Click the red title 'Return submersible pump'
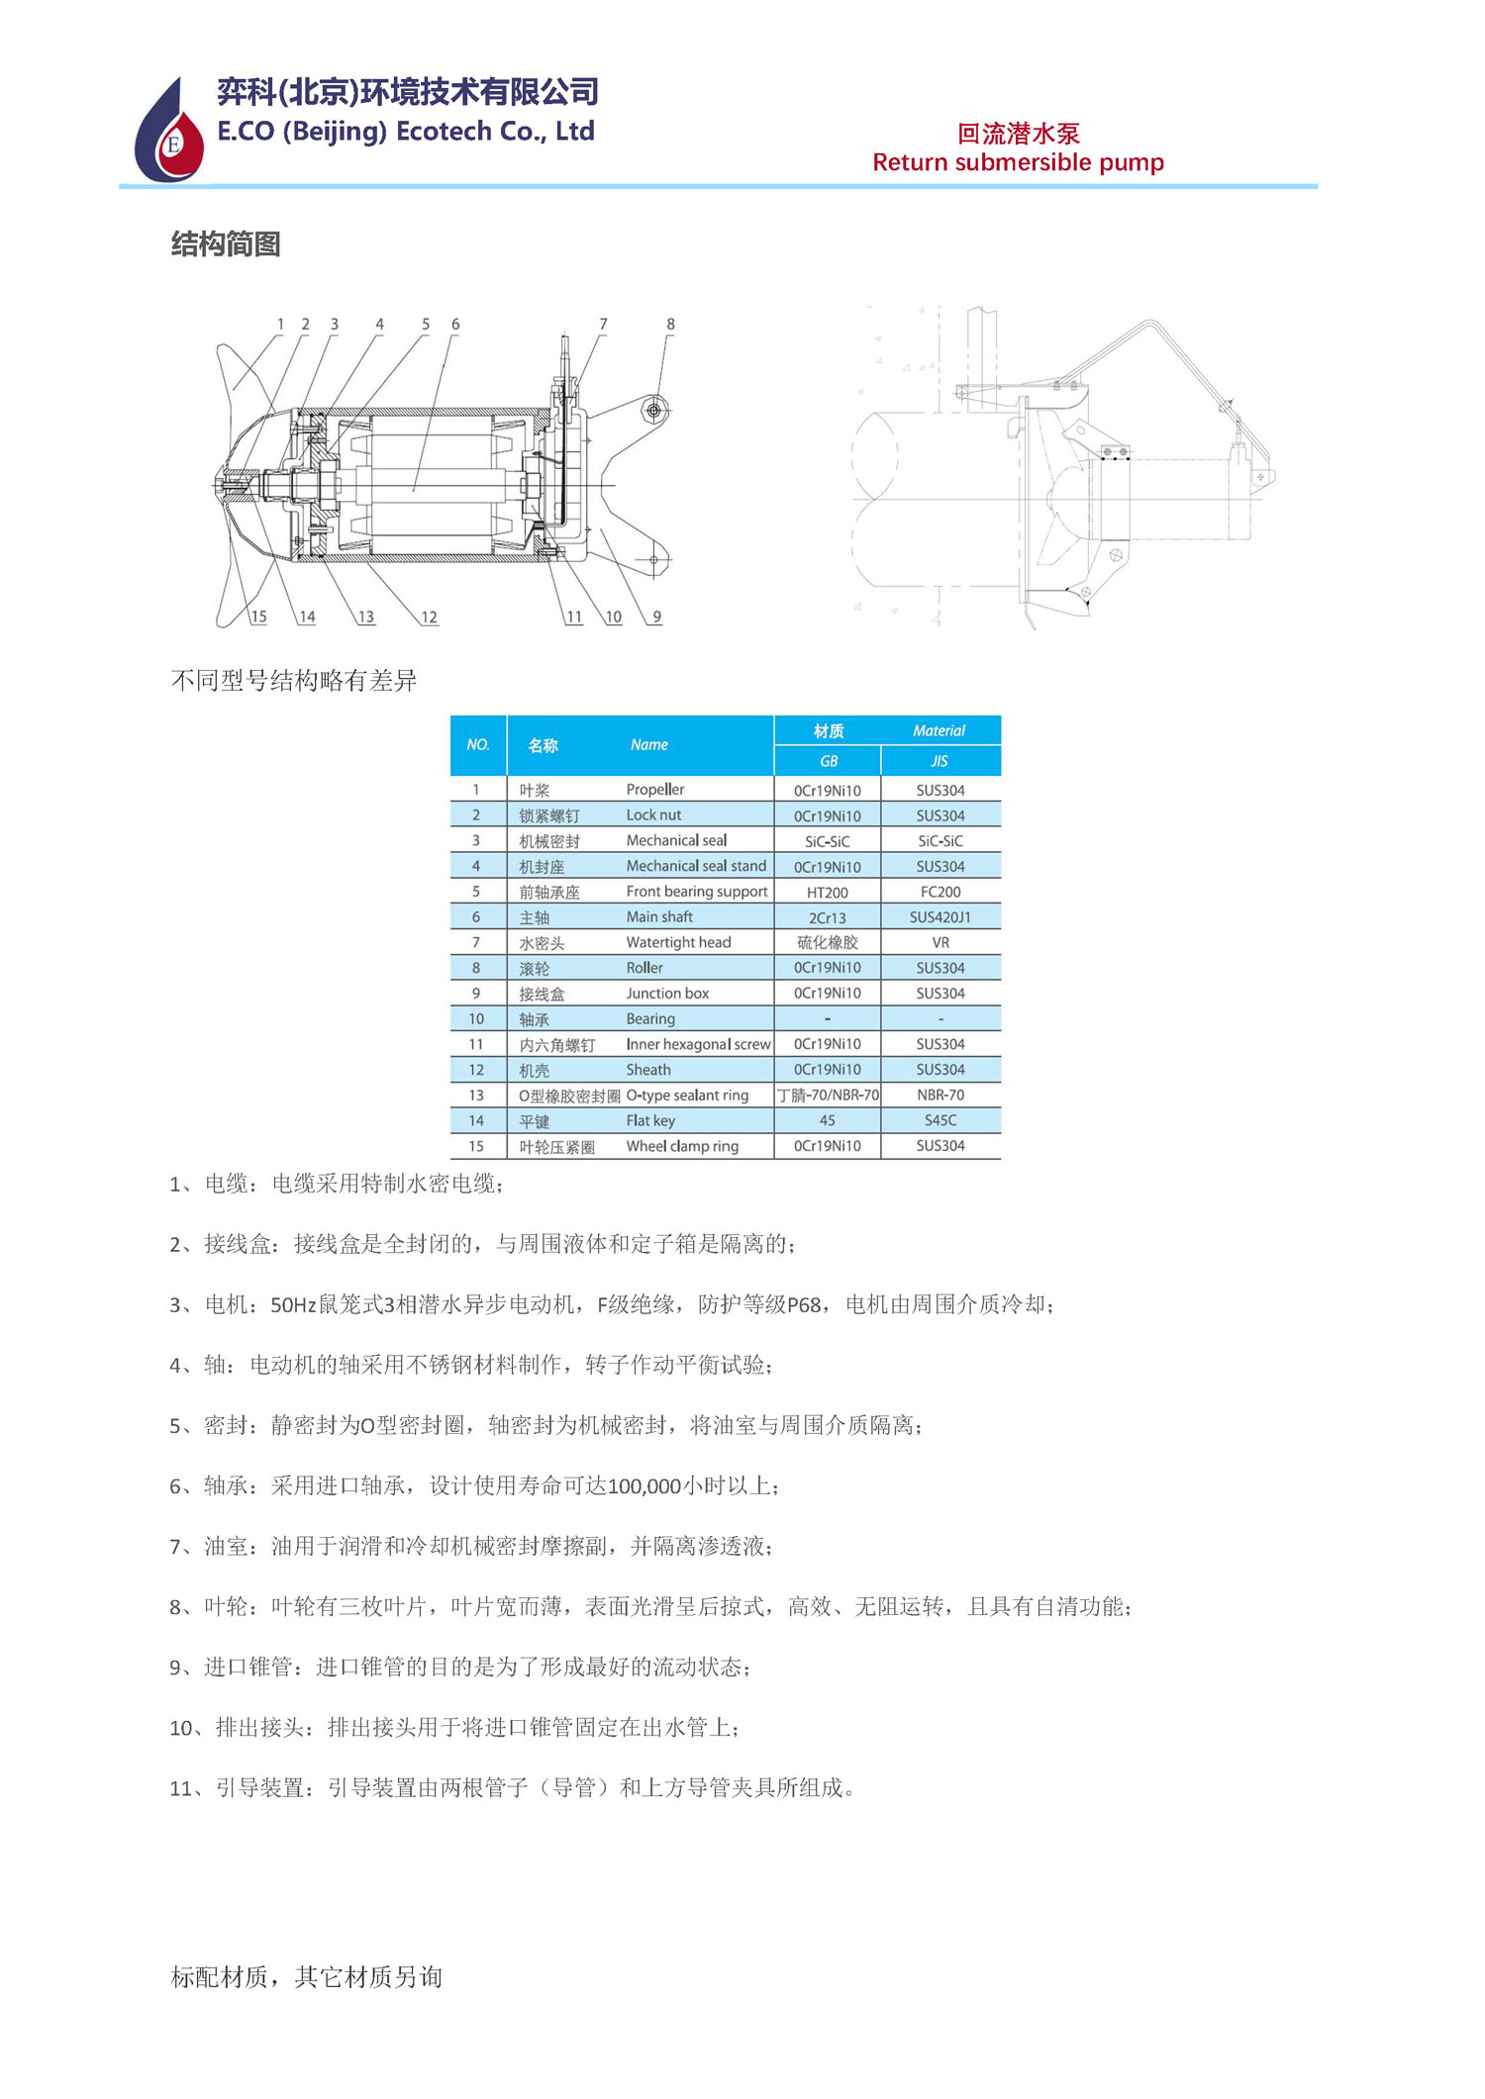click(1018, 162)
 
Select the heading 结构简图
click(226, 243)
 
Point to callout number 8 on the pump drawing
click(670, 325)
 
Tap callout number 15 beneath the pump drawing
click(259, 617)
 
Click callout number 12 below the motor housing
click(430, 617)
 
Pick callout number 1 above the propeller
click(281, 325)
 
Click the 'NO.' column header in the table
click(478, 744)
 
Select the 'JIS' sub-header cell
click(940, 761)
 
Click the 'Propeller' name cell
click(655, 790)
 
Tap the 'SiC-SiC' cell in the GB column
click(827, 841)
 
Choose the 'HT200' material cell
click(827, 892)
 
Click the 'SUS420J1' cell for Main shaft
click(940, 917)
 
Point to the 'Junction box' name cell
click(667, 994)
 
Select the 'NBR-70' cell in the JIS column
click(940, 1096)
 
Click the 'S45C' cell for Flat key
click(940, 1120)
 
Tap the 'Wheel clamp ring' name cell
click(682, 1146)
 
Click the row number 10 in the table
click(476, 1019)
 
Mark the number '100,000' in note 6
click(643, 1486)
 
